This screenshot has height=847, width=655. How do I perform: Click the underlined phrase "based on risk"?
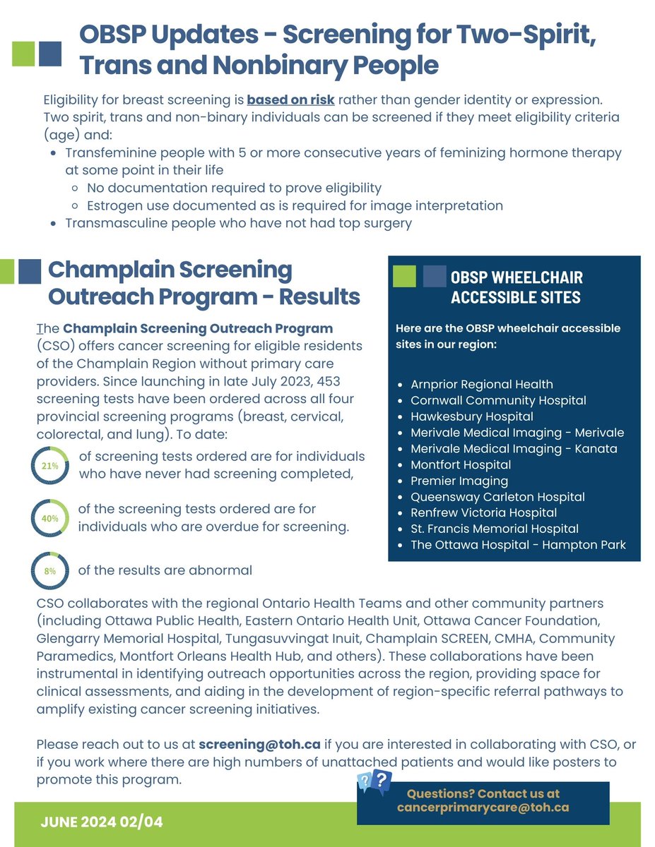pyautogui.click(x=290, y=99)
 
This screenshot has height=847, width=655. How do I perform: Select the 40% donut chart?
pyautogui.click(x=49, y=518)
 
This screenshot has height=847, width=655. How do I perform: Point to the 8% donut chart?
pyautogui.click(x=49, y=570)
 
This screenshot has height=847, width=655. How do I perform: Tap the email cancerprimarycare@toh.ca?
pyautogui.click(x=483, y=807)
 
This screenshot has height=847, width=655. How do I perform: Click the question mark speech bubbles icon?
pyautogui.click(x=374, y=782)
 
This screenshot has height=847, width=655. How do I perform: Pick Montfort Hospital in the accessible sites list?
pyautogui.click(x=461, y=464)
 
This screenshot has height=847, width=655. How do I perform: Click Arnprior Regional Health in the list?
pyautogui.click(x=482, y=384)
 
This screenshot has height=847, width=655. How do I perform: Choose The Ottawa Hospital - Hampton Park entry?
pyautogui.click(x=518, y=545)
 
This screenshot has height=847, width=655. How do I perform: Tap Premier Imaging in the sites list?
pyautogui.click(x=459, y=481)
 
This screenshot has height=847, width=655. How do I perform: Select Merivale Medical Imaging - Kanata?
pyautogui.click(x=514, y=448)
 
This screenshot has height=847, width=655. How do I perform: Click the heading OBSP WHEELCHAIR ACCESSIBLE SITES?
pyautogui.click(x=517, y=287)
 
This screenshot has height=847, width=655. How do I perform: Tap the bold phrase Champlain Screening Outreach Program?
pyautogui.click(x=198, y=328)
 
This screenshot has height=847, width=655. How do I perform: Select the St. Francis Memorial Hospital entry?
pyautogui.click(x=495, y=529)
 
